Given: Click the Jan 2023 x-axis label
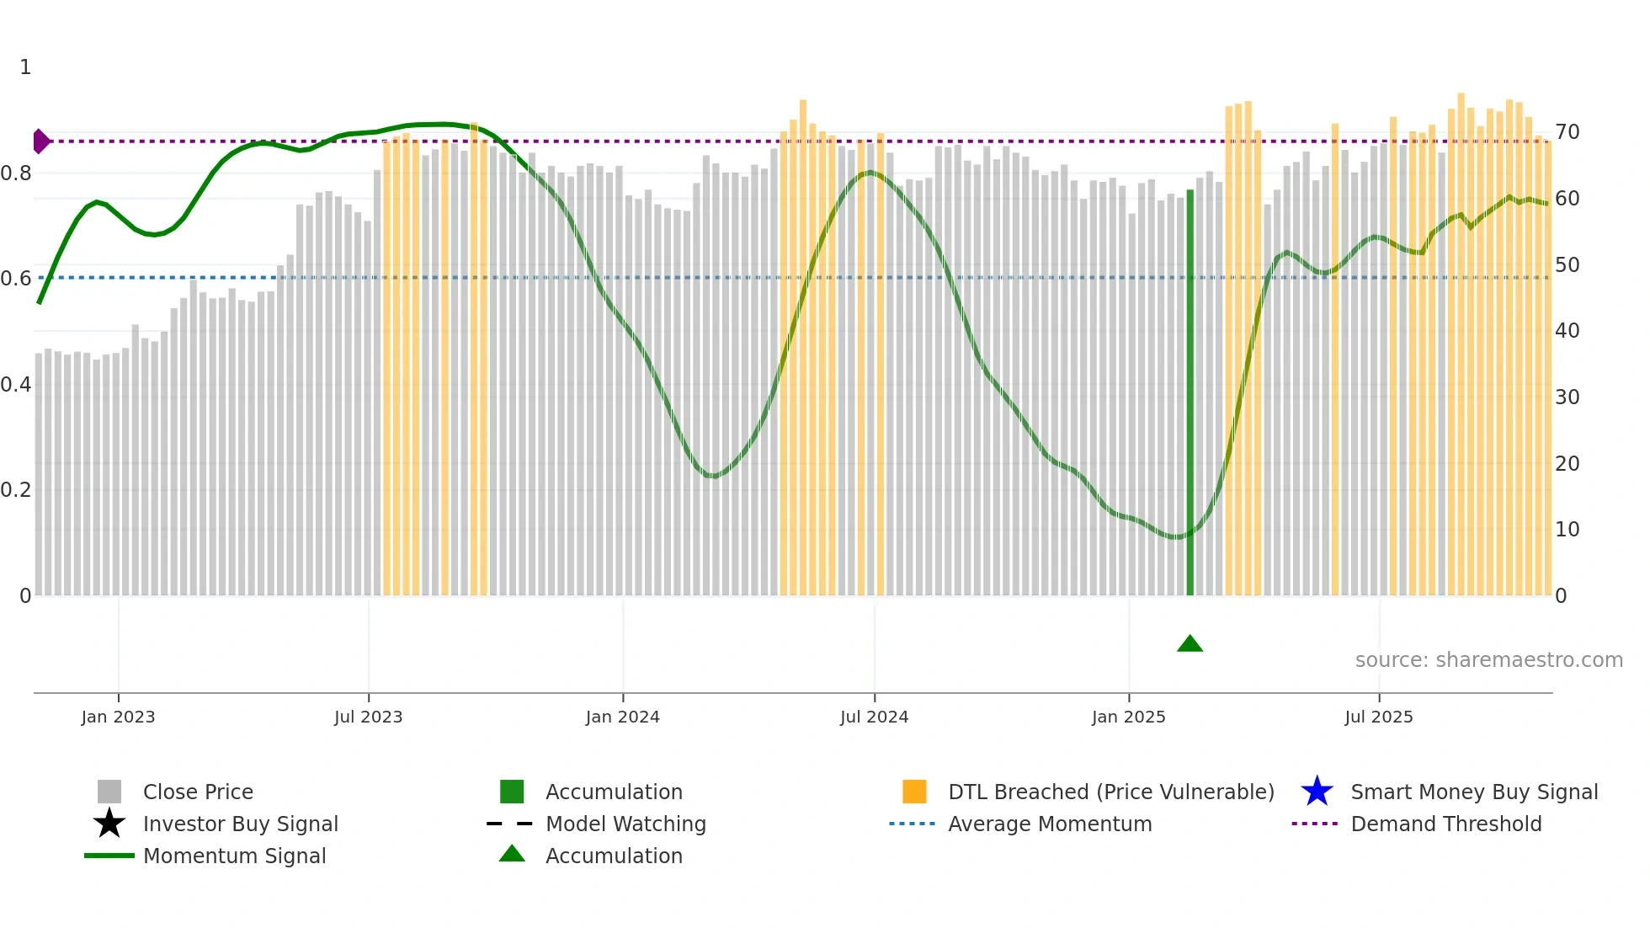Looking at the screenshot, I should (118, 717).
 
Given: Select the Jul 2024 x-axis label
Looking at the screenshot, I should (874, 717).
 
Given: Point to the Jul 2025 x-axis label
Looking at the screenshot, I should (1378, 717).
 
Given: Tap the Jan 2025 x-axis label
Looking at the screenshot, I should (1128, 717).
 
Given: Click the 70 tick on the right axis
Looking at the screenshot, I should (1567, 132).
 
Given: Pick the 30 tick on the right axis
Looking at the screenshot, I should (1567, 397).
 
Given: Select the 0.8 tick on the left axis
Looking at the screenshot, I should (16, 173).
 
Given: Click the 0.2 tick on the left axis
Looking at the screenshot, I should (16, 490).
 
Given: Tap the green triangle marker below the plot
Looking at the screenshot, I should (1190, 644).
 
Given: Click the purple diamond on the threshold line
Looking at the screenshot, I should (40, 141).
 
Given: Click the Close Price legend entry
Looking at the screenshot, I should (198, 792).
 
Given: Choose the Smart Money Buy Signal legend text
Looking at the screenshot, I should (1474, 792).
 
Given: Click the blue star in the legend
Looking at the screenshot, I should (1317, 792).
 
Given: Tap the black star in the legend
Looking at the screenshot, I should (109, 824).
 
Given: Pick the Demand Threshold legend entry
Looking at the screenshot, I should (1445, 824).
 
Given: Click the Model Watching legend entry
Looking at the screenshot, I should (625, 824).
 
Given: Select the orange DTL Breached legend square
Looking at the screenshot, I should (914, 792).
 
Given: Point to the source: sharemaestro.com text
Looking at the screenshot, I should (1488, 660).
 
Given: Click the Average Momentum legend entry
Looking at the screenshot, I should (1050, 824).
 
